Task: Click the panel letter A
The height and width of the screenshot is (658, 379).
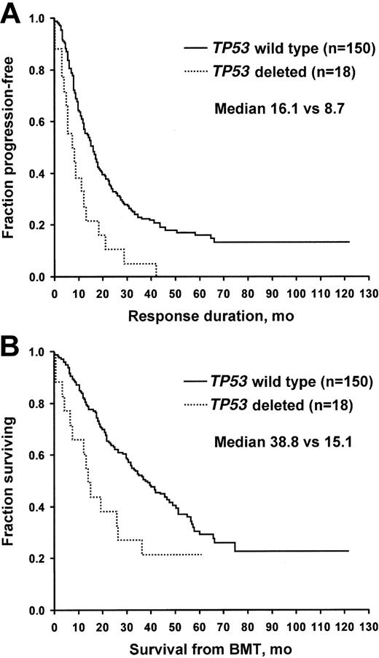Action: point(12,13)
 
